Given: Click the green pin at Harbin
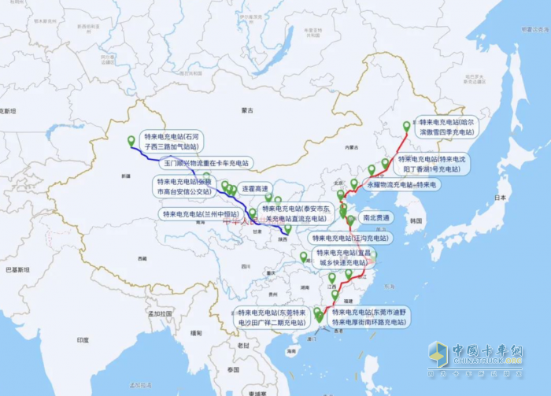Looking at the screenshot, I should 407,125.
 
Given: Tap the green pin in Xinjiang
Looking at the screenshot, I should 131,141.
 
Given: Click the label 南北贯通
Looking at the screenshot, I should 376,217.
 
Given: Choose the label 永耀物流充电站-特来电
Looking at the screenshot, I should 401,184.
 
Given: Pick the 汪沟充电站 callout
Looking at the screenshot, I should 349,238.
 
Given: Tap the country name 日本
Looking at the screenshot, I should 500,198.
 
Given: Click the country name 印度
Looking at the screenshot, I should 83,339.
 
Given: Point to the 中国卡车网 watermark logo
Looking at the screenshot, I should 475,353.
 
